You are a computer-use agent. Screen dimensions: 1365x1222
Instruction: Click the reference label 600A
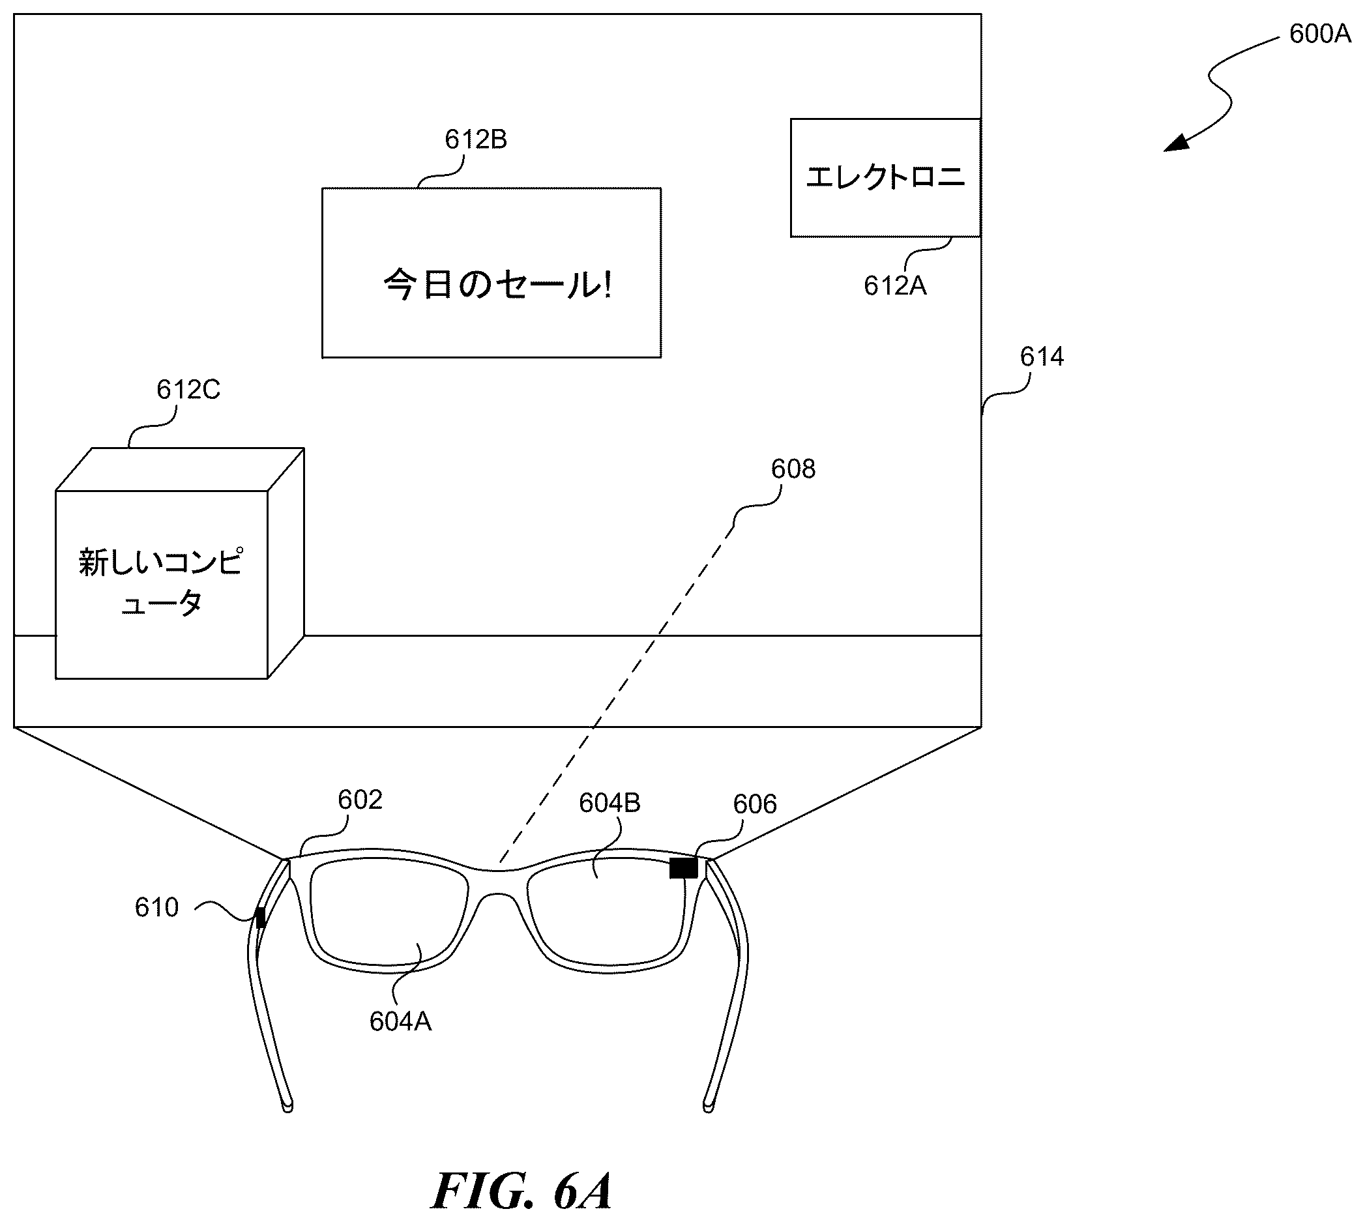click(1320, 34)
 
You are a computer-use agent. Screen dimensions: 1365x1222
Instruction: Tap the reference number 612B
click(475, 139)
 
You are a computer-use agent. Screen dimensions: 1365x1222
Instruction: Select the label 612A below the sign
click(895, 286)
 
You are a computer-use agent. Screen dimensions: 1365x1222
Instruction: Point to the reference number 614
click(1042, 356)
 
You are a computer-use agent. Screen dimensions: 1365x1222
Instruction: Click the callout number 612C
click(188, 390)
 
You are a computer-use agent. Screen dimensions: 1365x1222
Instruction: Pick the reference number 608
click(793, 469)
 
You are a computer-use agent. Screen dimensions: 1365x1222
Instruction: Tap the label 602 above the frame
click(360, 800)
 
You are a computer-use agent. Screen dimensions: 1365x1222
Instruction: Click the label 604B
click(609, 802)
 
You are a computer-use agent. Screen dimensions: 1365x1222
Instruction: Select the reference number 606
click(755, 804)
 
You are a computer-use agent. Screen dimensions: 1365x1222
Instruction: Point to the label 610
click(156, 908)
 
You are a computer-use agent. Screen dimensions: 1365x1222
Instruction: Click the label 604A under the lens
click(400, 1021)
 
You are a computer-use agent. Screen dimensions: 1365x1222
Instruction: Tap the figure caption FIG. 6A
click(521, 1191)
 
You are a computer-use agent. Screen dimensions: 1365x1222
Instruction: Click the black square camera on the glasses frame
click(684, 868)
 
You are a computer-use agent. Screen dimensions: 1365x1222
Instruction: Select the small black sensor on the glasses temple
click(261, 917)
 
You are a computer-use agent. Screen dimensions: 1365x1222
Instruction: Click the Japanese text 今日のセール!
click(497, 284)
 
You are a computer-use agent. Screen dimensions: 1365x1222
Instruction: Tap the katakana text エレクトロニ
click(885, 177)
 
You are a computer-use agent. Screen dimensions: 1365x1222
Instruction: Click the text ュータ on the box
click(161, 603)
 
